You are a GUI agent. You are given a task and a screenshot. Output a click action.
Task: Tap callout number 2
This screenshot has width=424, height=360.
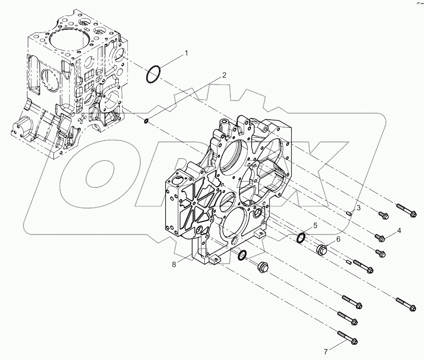click(x=224, y=75)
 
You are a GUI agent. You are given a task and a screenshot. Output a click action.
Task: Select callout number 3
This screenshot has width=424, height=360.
click(x=358, y=208)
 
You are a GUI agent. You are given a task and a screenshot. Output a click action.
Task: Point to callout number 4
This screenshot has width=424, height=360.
click(x=398, y=231)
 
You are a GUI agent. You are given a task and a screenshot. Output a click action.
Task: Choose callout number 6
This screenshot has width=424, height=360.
click(x=338, y=239)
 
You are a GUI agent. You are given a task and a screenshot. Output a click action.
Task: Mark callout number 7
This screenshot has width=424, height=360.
click(x=325, y=351)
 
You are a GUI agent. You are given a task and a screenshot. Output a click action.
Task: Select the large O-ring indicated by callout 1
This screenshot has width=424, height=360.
click(x=153, y=74)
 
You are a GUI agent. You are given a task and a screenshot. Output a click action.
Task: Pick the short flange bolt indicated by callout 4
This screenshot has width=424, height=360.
click(x=381, y=238)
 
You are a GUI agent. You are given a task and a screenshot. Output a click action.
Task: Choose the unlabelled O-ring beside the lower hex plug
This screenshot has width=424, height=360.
click(x=243, y=255)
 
